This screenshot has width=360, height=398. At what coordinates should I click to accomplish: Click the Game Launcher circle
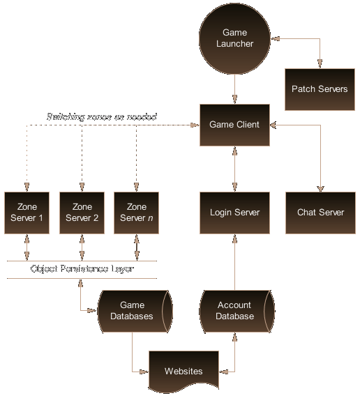tap(234, 38)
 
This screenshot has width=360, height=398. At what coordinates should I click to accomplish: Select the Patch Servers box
tap(320, 89)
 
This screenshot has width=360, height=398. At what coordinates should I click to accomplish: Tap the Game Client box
tap(234, 125)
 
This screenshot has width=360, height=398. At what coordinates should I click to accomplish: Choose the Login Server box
tap(234, 212)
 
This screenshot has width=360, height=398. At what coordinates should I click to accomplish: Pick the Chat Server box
tap(320, 212)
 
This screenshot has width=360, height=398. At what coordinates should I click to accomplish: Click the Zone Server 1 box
tap(27, 212)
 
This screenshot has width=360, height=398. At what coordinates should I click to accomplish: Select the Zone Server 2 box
tap(82, 212)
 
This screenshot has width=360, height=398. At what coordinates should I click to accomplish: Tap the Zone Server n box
tap(137, 212)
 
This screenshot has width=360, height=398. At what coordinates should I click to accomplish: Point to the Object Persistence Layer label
tap(82, 269)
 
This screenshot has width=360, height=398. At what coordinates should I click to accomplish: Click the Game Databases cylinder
tap(132, 310)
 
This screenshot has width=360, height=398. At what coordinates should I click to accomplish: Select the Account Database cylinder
tap(234, 310)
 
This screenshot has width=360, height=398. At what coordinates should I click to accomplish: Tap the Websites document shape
tap(183, 371)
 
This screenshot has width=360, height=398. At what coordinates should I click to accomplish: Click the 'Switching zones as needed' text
tap(101, 116)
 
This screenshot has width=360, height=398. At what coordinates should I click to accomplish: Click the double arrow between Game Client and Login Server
tap(234, 168)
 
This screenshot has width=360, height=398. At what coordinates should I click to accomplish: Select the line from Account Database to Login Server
tap(234, 261)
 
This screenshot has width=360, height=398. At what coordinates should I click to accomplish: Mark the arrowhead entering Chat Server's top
tap(320, 186)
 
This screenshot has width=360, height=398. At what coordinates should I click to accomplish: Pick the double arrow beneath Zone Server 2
tap(82, 247)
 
